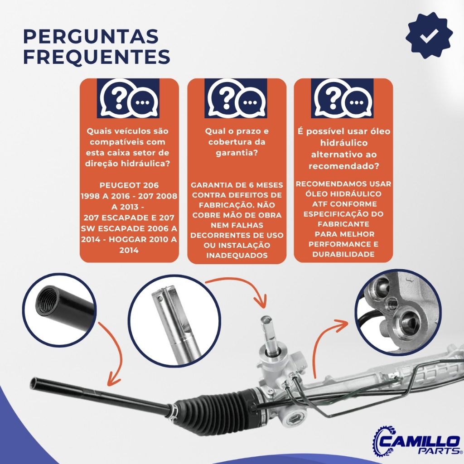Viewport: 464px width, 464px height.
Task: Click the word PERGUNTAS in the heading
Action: coord(91,36)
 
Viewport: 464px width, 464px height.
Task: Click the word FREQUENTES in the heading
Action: coord(97,57)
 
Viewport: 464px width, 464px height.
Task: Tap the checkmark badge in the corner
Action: coord(429,35)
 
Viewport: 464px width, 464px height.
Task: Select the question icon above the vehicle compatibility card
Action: coord(128,98)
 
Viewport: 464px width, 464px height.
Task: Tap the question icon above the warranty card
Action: coord(236,98)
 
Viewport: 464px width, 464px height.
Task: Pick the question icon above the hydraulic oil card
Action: coord(343,98)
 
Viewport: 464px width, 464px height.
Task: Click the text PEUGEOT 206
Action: coord(129,185)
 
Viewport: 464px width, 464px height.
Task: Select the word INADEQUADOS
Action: coord(237,256)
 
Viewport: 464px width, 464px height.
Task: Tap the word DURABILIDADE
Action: coord(343,254)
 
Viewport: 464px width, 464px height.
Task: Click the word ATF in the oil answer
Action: coord(319,204)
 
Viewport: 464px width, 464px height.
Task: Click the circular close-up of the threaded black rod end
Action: coord(59,309)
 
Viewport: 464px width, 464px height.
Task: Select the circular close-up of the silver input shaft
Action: coord(174,321)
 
